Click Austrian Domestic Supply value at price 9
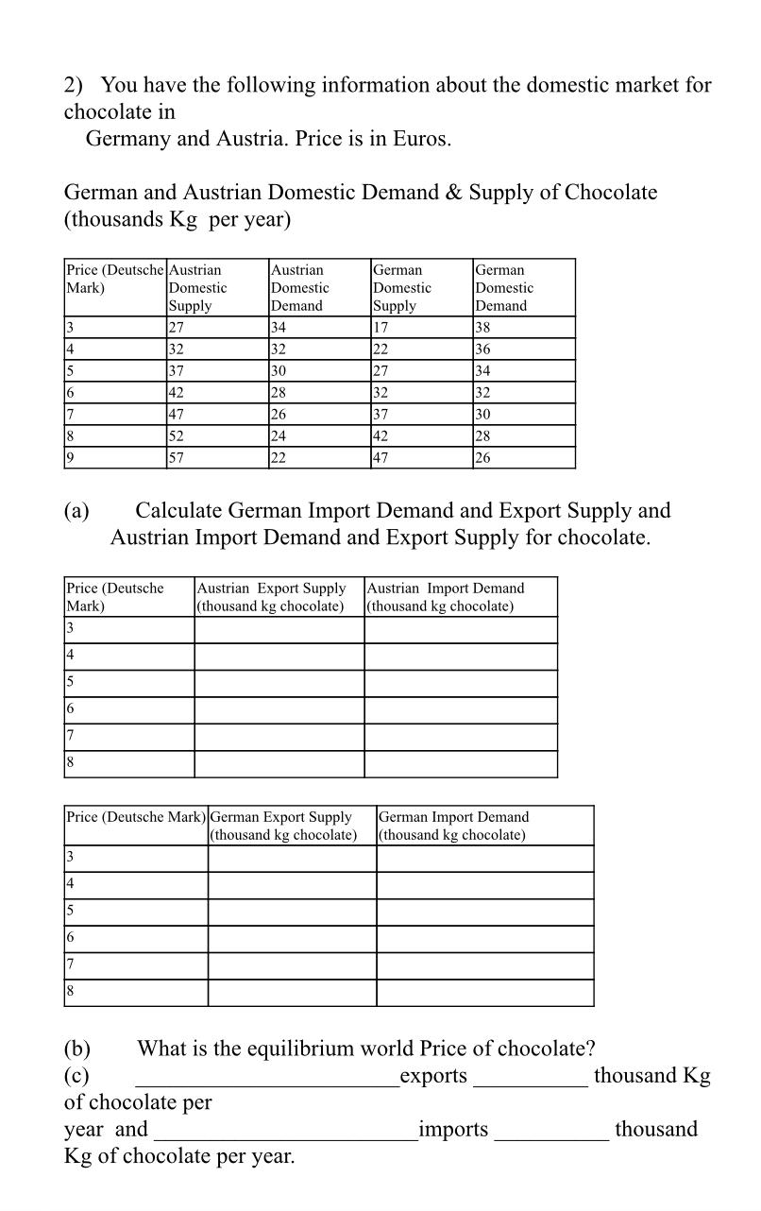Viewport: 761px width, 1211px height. pyautogui.click(x=177, y=458)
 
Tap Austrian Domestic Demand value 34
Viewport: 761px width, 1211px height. pyautogui.click(x=279, y=328)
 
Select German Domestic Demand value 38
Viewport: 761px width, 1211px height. pyautogui.click(x=484, y=328)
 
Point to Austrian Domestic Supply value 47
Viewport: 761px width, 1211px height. pyautogui.click(x=177, y=415)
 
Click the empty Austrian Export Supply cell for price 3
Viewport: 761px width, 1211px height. pyautogui.click(x=279, y=630)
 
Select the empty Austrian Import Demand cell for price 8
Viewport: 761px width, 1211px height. pyautogui.click(x=460, y=764)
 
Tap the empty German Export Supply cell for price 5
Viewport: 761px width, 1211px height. pyautogui.click(x=292, y=913)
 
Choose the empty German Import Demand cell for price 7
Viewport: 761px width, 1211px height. pyautogui.click(x=484, y=966)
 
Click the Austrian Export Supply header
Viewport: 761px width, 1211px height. pyautogui.click(x=271, y=597)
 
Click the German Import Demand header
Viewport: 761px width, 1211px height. pyautogui.click(x=453, y=826)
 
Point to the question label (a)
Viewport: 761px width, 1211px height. pyautogui.click(x=76, y=511)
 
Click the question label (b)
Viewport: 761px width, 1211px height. pyautogui.click(x=76, y=1049)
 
